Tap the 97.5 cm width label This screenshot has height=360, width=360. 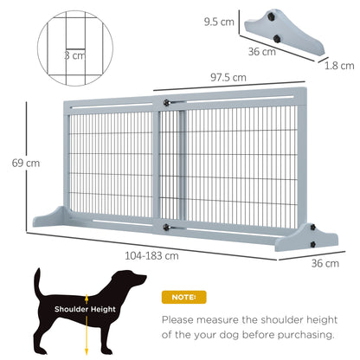click(228, 77)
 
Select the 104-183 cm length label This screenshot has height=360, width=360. click(152, 255)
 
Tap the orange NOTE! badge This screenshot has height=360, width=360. click(185, 297)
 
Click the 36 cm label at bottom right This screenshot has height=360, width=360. click(319, 263)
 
